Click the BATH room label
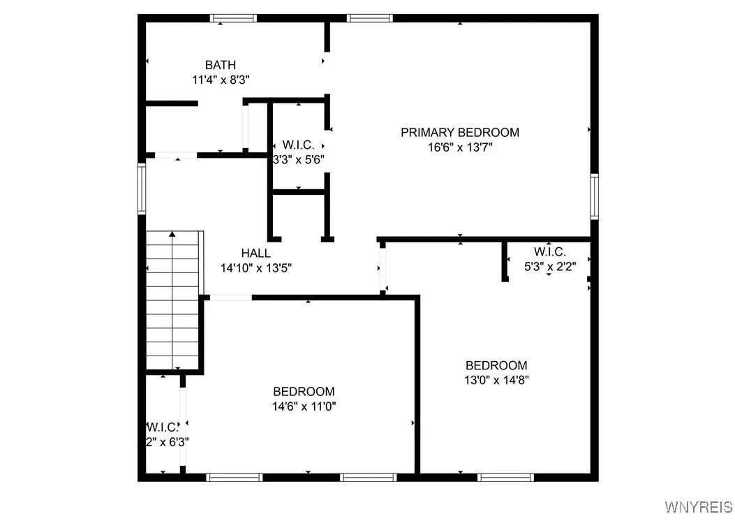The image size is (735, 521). click(221, 65)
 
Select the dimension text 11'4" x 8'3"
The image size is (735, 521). click(221, 80)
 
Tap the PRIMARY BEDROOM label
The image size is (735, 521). click(459, 132)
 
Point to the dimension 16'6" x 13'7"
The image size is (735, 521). click(459, 147)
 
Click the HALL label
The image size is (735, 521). click(255, 253)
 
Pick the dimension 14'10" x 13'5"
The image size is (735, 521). click(255, 267)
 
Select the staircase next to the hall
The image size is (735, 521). click(173, 300)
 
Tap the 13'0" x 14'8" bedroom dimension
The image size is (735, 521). click(496, 380)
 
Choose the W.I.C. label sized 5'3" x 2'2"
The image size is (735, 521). click(549, 251)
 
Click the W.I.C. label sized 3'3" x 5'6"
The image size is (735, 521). click(298, 145)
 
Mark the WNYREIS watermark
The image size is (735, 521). click(698, 506)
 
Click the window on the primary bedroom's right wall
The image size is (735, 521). click(594, 196)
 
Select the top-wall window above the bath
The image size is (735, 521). click(233, 18)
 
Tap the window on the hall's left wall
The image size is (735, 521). click(142, 188)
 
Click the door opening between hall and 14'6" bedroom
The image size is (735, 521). click(230, 298)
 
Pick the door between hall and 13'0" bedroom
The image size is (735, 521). click(382, 269)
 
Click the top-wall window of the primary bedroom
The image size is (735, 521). click(370, 18)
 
